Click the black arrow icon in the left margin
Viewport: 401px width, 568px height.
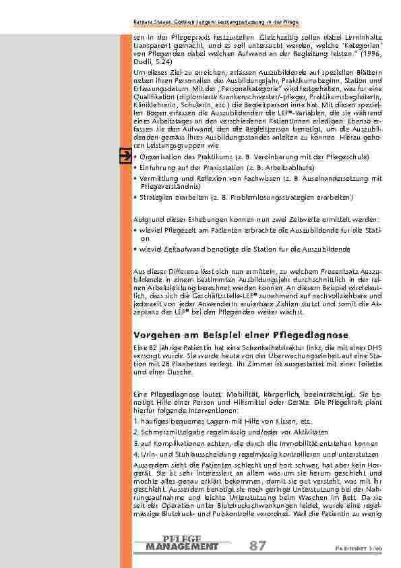click(125, 157)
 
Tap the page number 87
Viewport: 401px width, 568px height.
click(257, 546)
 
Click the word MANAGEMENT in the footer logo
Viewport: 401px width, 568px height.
click(182, 546)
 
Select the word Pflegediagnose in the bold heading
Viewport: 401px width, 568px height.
click(311, 335)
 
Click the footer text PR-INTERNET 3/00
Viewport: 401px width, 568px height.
click(364, 548)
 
